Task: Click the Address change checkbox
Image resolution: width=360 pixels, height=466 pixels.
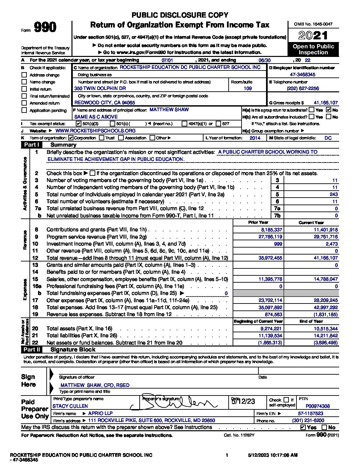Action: [x=24, y=75]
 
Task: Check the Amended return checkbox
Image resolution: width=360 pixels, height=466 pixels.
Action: [x=24, y=103]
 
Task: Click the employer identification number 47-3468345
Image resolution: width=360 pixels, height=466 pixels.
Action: [x=302, y=75]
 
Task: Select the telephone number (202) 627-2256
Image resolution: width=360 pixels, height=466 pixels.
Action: [x=303, y=88]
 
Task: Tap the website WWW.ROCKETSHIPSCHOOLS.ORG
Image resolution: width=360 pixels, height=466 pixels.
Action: [x=96, y=131]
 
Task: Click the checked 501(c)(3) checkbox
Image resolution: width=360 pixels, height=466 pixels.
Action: [x=78, y=123]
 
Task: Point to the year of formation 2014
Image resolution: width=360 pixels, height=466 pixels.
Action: [x=255, y=138]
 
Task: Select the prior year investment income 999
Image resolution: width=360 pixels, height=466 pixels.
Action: [x=278, y=244]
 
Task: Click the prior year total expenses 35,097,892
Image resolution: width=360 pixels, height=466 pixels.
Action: [x=270, y=307]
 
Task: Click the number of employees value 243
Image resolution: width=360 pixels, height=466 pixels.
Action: [x=334, y=195]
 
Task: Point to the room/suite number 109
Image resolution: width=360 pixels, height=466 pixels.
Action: [x=247, y=88]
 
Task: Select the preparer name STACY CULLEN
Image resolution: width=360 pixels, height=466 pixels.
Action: [x=70, y=406]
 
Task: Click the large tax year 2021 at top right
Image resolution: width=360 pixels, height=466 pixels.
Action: [x=313, y=35]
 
